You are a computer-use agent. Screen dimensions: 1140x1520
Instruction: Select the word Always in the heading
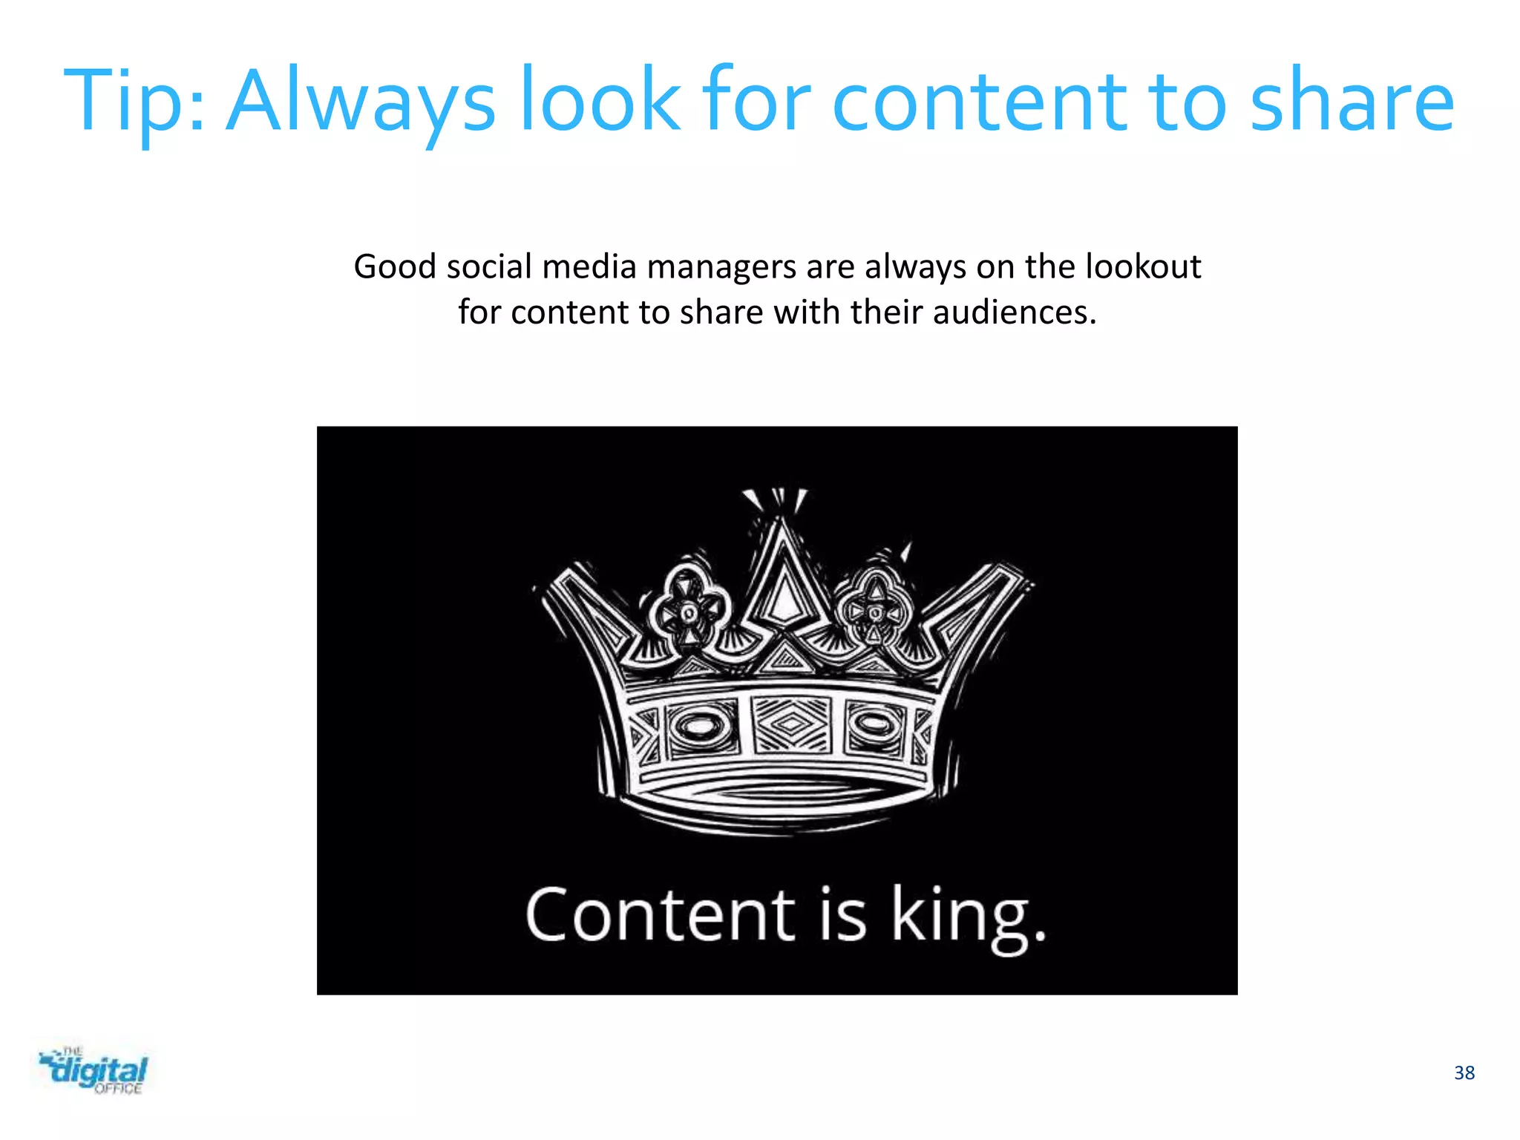pos(361,102)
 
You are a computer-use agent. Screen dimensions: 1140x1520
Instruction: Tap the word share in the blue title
pos(1352,102)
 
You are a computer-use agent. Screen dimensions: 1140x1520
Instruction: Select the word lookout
pos(1143,266)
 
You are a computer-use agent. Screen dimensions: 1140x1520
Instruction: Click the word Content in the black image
pos(660,915)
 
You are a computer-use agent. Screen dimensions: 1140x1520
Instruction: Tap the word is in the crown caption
pos(843,915)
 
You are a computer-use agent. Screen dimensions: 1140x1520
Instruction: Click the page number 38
pos(1464,1073)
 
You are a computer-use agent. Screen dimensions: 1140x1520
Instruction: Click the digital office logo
pos(94,1071)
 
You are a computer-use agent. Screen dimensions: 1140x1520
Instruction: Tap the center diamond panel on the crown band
pos(789,724)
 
